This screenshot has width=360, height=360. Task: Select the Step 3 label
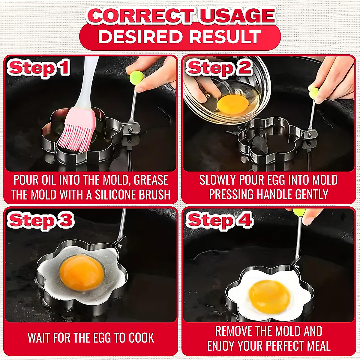click(40, 221)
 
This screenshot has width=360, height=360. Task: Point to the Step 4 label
click(220, 221)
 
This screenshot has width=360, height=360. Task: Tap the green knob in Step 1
click(136, 77)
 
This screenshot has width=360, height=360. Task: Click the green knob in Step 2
click(314, 92)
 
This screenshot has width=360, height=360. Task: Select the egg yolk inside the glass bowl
click(233, 103)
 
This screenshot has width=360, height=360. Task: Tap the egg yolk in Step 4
click(269, 295)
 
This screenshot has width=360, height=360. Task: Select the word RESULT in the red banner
click(225, 37)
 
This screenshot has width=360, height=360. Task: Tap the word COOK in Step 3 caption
click(141, 338)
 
